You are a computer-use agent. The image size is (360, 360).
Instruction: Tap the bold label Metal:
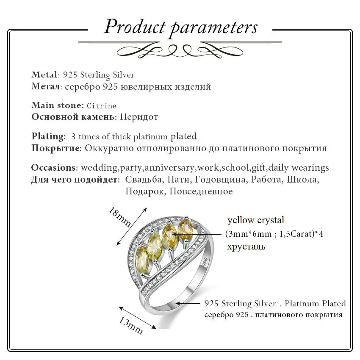pyautogui.click(x=45, y=75)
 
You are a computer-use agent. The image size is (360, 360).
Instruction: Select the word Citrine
pyautogui.click(x=102, y=105)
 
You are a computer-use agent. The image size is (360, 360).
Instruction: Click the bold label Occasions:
pyautogui.click(x=55, y=167)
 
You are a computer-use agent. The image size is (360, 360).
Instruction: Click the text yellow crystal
pyautogui.click(x=256, y=220)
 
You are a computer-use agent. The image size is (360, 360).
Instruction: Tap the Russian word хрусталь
pyautogui.click(x=246, y=246)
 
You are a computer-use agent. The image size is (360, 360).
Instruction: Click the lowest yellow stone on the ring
pyautogui.click(x=142, y=259)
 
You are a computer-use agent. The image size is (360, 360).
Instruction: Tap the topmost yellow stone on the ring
pyautogui.click(x=185, y=229)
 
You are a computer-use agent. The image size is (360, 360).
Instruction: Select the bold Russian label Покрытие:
pyautogui.click(x=56, y=148)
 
